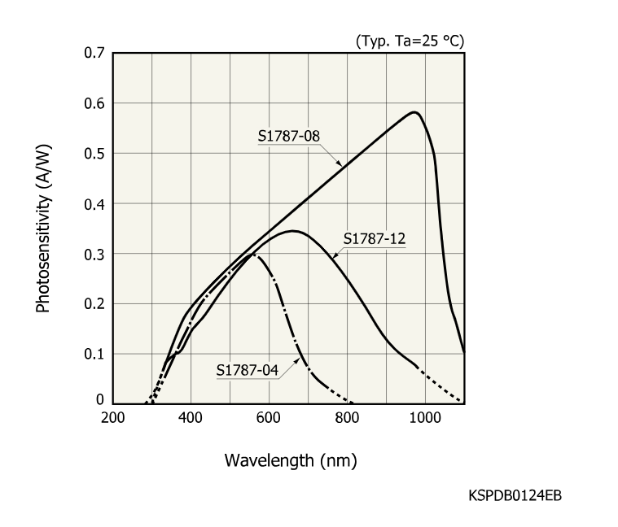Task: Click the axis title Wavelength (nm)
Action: click(x=291, y=460)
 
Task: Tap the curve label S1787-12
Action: click(x=375, y=239)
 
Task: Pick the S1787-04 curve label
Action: click(x=248, y=371)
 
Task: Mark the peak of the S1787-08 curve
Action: click(x=415, y=112)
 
